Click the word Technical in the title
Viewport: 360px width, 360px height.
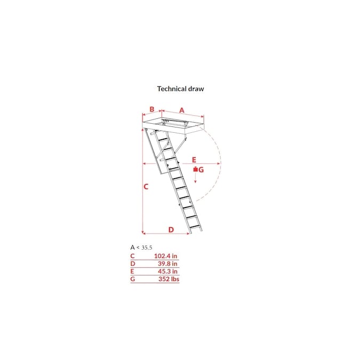[x=172, y=89]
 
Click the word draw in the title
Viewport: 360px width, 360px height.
[x=196, y=89]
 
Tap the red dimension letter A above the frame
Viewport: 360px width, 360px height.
[x=182, y=110]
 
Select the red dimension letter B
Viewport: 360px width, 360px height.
[x=152, y=109]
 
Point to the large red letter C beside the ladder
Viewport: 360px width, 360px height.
[x=146, y=187]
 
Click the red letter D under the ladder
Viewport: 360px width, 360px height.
[x=171, y=229]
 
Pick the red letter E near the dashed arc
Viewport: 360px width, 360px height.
[x=194, y=160]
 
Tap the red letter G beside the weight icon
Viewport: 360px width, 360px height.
[x=201, y=170]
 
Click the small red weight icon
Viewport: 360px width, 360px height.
[x=195, y=169]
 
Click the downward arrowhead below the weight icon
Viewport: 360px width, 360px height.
[x=195, y=182]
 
